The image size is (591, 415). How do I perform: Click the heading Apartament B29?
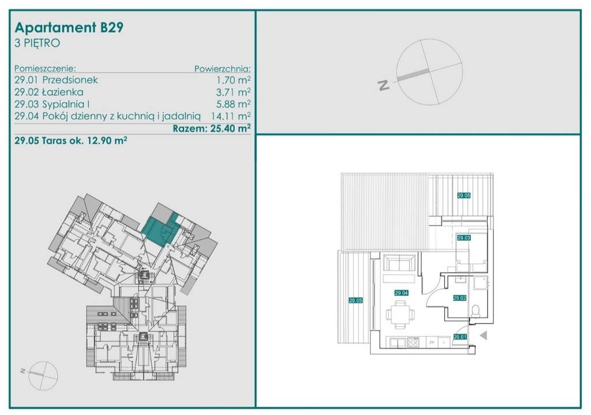[69, 28]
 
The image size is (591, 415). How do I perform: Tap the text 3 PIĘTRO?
[37, 43]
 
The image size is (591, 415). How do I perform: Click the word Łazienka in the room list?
[63, 92]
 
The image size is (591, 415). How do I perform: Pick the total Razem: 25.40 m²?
[212, 128]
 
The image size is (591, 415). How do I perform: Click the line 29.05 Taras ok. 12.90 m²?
[70, 141]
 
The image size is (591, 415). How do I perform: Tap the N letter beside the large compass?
[384, 85]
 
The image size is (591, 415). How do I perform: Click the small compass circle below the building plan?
[43, 375]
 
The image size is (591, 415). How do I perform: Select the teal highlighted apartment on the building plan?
[160, 231]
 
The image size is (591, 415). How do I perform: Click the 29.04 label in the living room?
[402, 293]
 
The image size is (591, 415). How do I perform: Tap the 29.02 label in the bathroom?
[460, 298]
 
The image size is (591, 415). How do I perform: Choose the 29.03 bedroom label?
[463, 238]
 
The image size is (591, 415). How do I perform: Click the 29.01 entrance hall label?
[460, 337]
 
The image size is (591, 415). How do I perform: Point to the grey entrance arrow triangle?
[484, 335]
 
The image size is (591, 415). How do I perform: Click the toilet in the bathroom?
[476, 310]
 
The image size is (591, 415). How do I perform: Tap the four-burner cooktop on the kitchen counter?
[413, 342]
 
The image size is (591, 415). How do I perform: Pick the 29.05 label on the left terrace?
[356, 300]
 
